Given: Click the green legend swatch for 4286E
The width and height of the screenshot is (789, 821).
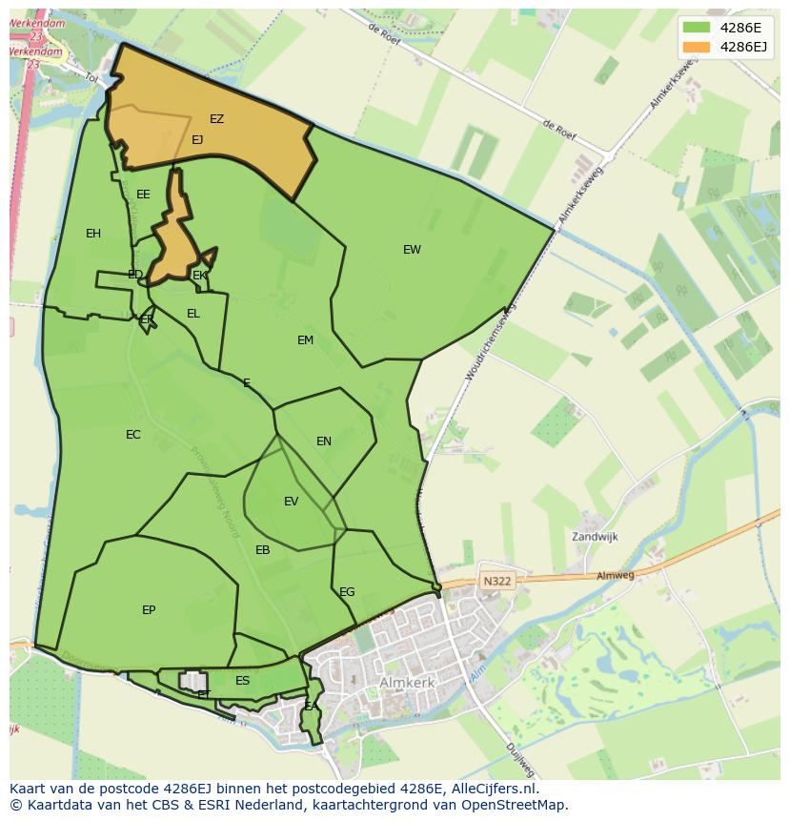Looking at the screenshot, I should [x=697, y=28].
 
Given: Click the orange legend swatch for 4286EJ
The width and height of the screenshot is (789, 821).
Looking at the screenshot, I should [x=697, y=47].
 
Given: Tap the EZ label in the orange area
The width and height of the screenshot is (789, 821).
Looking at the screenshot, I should [x=216, y=119].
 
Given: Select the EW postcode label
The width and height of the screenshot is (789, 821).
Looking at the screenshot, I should [x=412, y=250].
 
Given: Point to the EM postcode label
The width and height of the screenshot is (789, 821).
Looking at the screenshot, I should [x=305, y=340].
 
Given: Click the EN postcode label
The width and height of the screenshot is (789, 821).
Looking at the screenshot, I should [x=324, y=441].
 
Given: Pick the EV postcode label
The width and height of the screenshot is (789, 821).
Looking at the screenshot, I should [x=291, y=502].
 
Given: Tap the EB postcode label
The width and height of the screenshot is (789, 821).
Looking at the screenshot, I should [x=262, y=550].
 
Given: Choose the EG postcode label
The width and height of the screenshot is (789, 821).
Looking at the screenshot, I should [x=347, y=592].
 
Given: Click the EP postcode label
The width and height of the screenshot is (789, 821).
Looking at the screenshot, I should [x=149, y=610].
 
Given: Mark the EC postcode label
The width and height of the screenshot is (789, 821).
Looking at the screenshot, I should [x=133, y=435].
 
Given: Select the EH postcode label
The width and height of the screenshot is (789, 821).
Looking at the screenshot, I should [x=93, y=234].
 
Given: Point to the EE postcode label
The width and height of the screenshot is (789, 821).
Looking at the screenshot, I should [x=143, y=195].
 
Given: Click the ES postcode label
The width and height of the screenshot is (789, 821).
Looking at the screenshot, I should [x=242, y=681].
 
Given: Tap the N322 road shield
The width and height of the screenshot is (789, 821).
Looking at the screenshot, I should [x=496, y=581].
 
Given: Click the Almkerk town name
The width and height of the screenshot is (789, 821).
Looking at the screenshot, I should [x=407, y=684].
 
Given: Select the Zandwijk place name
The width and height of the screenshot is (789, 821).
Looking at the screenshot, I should [x=595, y=537].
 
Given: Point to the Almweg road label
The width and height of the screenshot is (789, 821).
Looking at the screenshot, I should [x=615, y=576].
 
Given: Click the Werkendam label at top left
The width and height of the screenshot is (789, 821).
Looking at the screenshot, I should [x=38, y=23].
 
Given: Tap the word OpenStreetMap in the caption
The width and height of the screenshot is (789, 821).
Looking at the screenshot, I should [x=515, y=804].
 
